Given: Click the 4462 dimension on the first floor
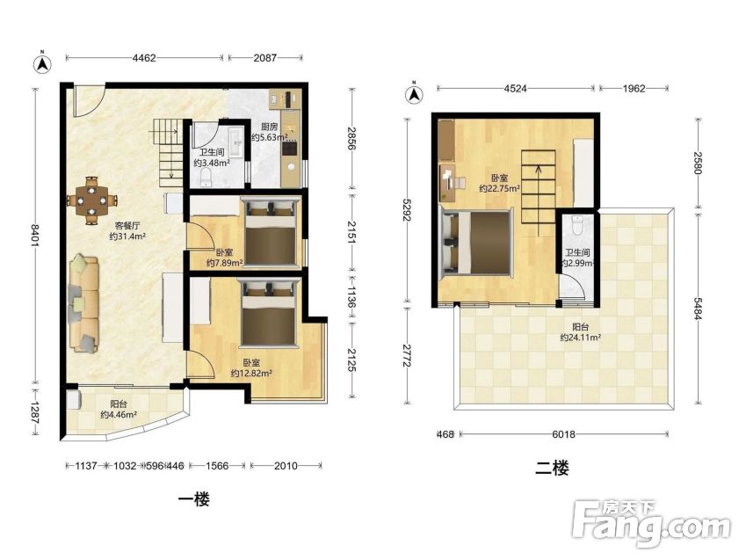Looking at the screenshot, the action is coord(144,58).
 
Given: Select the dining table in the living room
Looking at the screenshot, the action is coord(92,200).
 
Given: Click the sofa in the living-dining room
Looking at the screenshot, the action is coord(84,305).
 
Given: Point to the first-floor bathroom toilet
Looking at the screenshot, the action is coord(206,178).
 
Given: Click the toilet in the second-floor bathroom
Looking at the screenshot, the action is coord(577,226).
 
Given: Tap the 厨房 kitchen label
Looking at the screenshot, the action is coord(269,127).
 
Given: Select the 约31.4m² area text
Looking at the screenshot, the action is coord(127,236).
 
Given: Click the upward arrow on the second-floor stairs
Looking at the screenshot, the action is coord(538,200).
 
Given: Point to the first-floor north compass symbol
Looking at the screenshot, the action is coord(42,63).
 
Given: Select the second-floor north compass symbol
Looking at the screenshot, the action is coord(415,93).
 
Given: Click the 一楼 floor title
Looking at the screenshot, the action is coord(194,499).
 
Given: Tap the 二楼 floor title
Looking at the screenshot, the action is coord(552,468).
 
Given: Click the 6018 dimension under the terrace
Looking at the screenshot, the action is coord(564,434).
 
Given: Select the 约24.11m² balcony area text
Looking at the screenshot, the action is coord(580,338).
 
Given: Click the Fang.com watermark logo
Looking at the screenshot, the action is coord(651,525).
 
